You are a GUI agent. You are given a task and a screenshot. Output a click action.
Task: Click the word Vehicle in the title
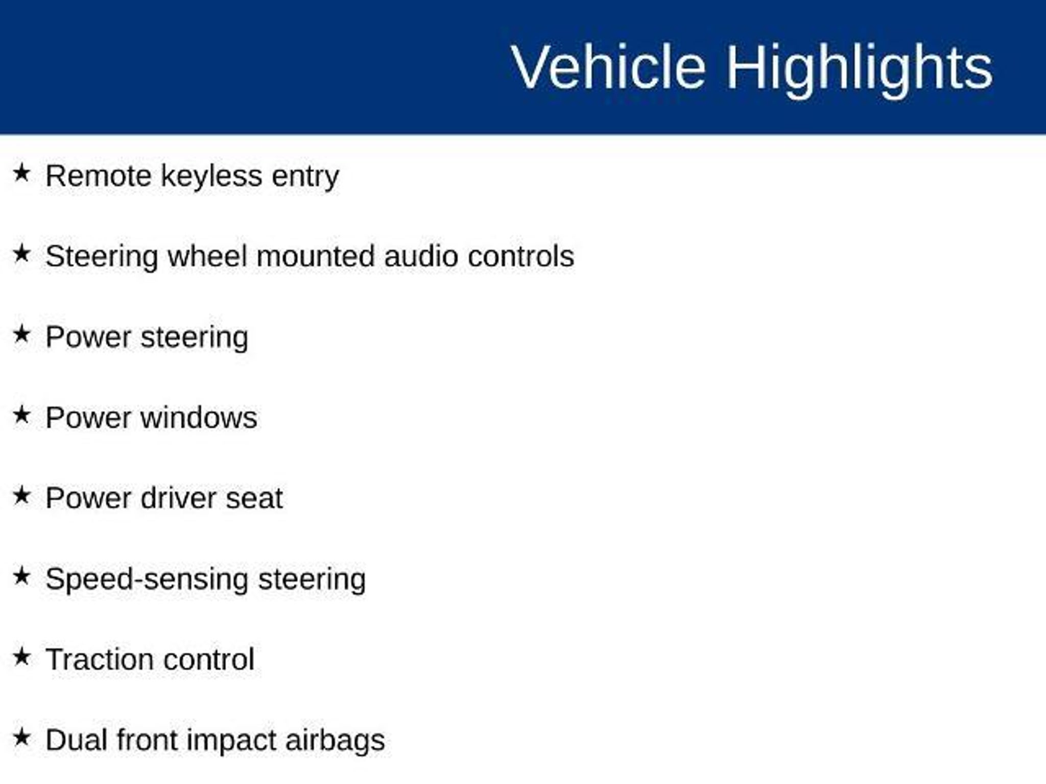608,67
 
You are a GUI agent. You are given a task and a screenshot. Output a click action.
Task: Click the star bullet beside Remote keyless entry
22,173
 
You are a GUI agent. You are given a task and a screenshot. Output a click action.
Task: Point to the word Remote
99,176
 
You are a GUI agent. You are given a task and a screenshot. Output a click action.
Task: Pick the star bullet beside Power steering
22,334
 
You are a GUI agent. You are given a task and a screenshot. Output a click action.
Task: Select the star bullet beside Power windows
22,415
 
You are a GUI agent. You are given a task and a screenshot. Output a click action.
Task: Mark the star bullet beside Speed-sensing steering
22,576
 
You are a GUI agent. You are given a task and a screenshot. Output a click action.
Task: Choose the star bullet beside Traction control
22,657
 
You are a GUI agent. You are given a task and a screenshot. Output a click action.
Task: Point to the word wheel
207,256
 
